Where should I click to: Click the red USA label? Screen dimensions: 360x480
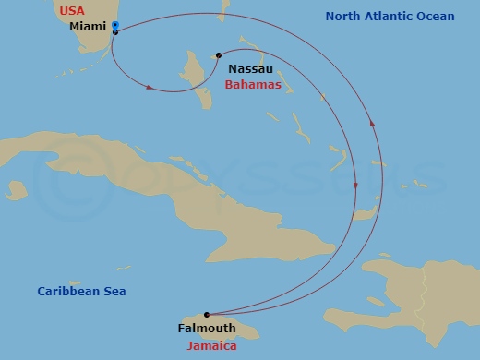point(71,11)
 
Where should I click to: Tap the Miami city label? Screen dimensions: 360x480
point(89,27)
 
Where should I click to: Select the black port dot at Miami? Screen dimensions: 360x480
point(114,32)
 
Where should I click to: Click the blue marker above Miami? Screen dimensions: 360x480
point(115,25)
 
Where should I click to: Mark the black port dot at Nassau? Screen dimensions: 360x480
point(218,55)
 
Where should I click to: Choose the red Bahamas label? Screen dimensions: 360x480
point(252,84)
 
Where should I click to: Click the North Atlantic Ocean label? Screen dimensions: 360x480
point(390,17)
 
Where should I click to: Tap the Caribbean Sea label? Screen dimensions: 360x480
point(81,292)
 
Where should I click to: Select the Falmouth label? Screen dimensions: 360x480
point(206,328)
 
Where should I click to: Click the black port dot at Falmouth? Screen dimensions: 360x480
point(207,315)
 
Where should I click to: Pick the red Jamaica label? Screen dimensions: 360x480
point(211,346)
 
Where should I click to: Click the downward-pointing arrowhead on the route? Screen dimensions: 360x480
point(356,187)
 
